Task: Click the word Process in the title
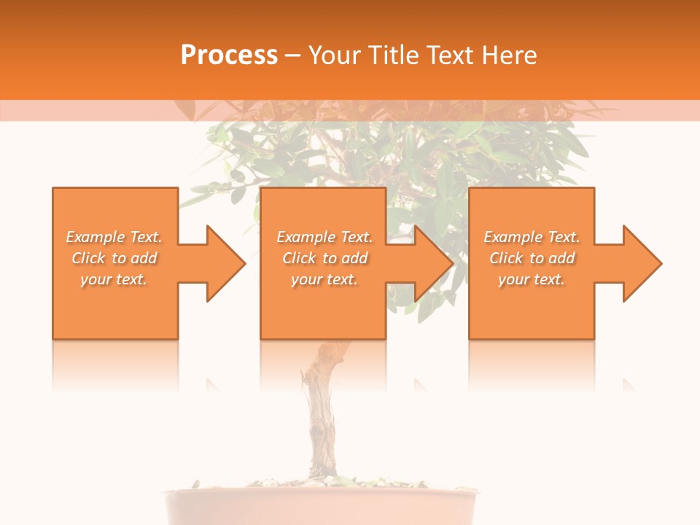click(x=229, y=55)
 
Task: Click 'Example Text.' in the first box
click(x=114, y=237)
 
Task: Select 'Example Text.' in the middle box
click(x=324, y=237)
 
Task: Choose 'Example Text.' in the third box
click(x=532, y=237)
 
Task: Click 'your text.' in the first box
click(x=114, y=279)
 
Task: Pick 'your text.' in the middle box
click(x=324, y=279)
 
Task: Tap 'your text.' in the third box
click(x=532, y=279)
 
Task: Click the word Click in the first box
click(x=89, y=258)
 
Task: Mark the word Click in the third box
click(x=507, y=258)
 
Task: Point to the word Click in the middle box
click(x=300, y=258)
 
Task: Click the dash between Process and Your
click(x=292, y=55)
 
